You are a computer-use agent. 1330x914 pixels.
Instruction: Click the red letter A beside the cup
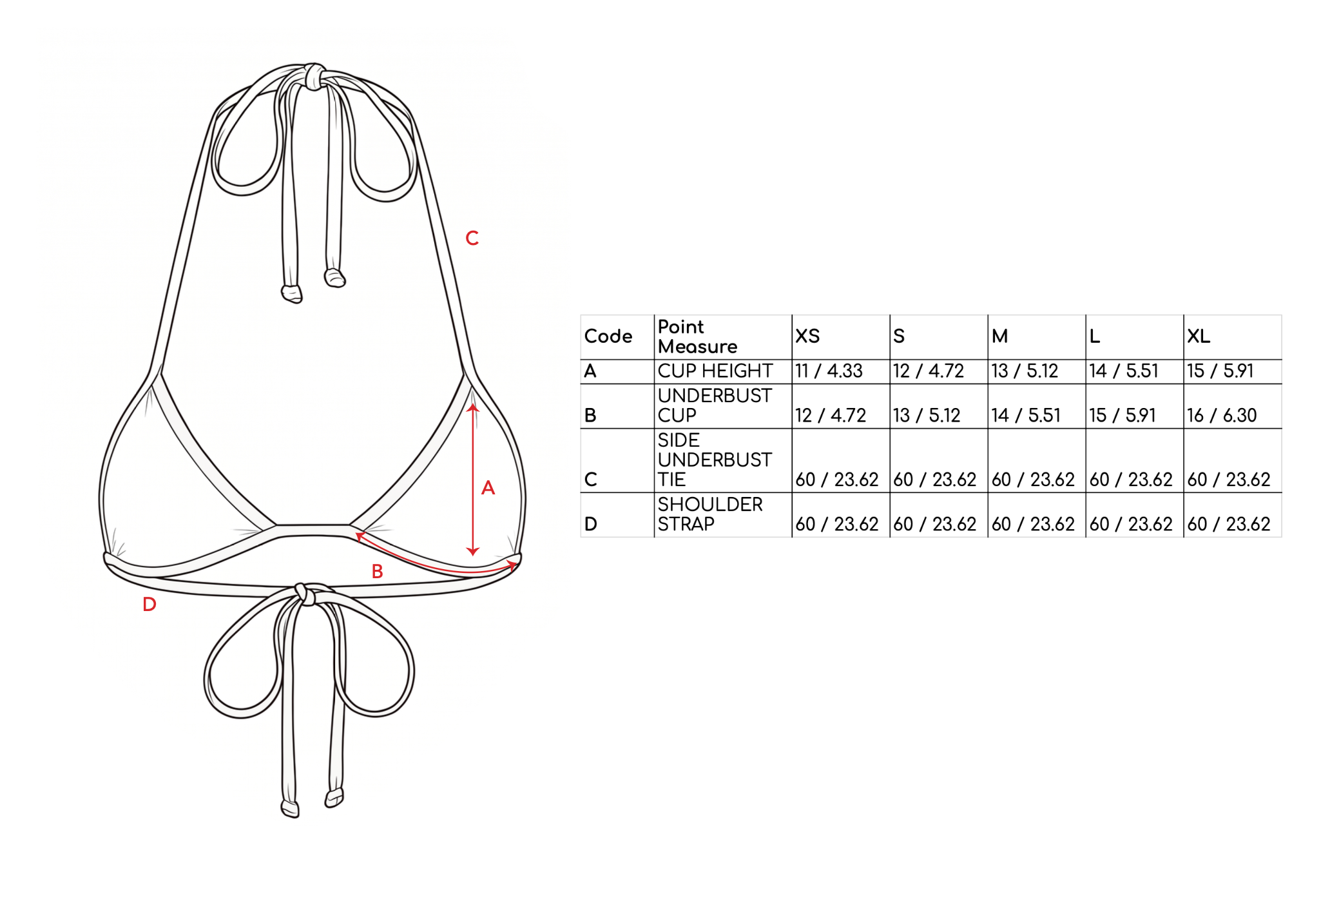tap(488, 488)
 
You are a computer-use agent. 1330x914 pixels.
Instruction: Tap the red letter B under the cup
tap(378, 571)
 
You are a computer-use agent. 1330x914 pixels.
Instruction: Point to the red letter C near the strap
tap(472, 238)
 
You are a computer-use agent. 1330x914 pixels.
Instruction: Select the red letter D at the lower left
tap(149, 605)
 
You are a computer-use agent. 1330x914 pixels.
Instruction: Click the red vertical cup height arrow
tap(473, 480)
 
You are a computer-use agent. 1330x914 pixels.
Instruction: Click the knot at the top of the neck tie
tap(314, 76)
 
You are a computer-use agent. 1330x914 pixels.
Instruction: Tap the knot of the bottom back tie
tap(304, 594)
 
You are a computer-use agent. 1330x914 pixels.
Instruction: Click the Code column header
tap(608, 336)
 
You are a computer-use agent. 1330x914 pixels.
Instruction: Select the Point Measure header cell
tap(697, 336)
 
